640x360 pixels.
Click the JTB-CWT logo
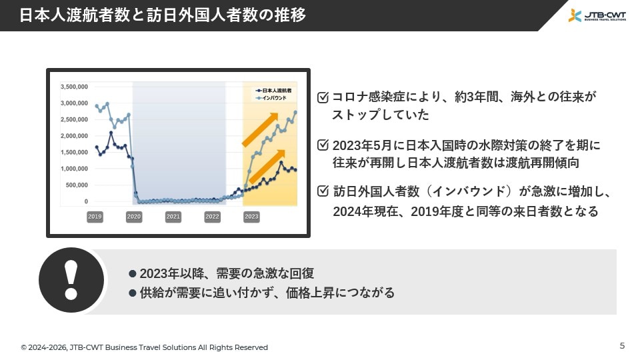click(x=597, y=15)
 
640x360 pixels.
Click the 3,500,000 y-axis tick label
click(x=74, y=87)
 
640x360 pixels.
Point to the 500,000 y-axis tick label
click(x=77, y=185)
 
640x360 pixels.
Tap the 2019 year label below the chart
click(x=95, y=217)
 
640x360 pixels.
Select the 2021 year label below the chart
click(x=173, y=217)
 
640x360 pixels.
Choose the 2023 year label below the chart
click(x=251, y=217)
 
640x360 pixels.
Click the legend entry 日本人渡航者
click(x=273, y=91)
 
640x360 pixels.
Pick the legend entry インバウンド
click(x=271, y=98)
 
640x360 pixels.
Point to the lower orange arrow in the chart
click(x=267, y=167)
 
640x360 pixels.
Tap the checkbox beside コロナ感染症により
click(x=323, y=97)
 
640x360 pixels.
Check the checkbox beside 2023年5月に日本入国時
click(x=323, y=145)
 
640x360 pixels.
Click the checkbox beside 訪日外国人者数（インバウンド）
click(x=323, y=191)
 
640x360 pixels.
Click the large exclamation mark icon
click(x=71, y=281)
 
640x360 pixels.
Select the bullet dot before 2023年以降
click(x=132, y=273)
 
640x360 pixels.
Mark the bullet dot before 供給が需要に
click(x=132, y=293)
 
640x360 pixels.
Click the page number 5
click(x=622, y=346)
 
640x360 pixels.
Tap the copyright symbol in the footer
click(x=24, y=348)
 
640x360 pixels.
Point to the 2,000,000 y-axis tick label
click(x=74, y=136)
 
